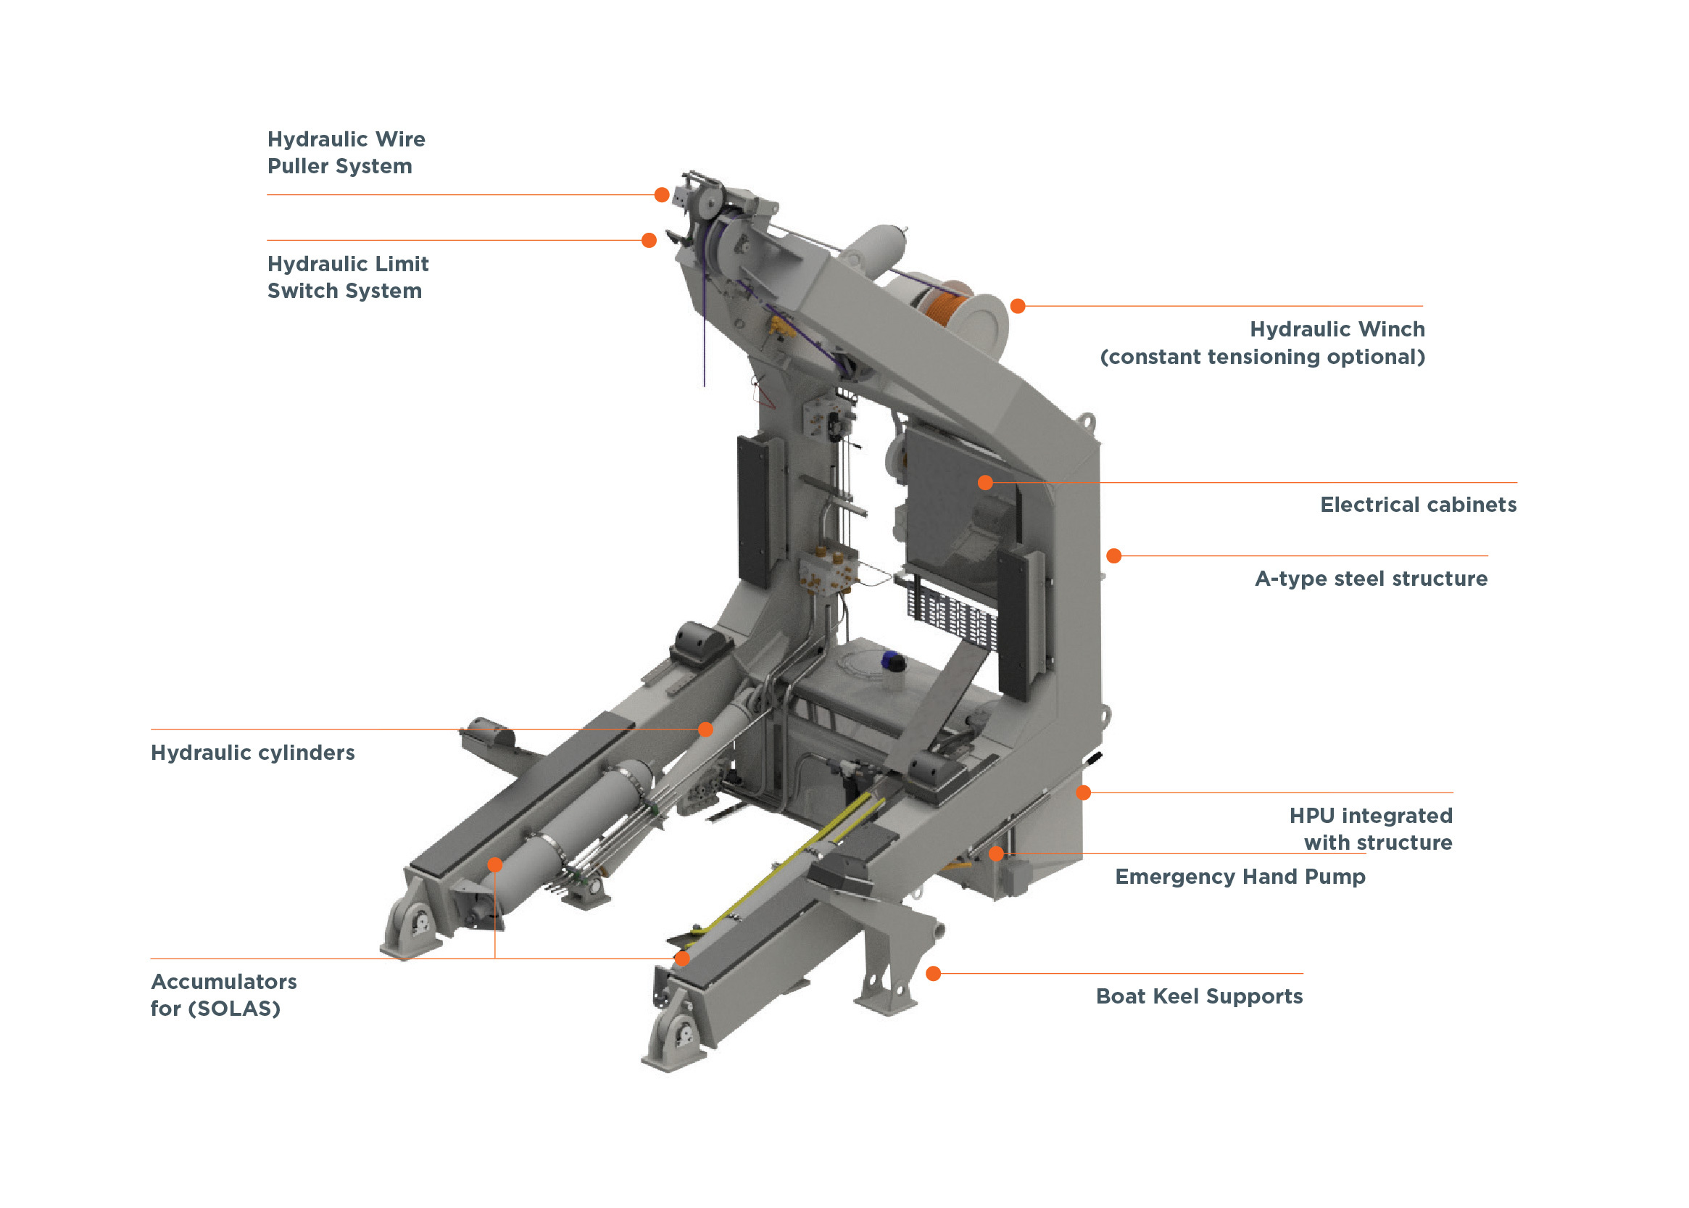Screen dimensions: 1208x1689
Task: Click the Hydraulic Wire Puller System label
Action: tap(345, 152)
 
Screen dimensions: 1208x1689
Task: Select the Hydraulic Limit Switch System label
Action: tap(347, 277)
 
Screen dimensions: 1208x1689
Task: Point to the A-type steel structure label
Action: tap(1370, 578)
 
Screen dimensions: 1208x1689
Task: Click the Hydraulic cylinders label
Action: tap(252, 752)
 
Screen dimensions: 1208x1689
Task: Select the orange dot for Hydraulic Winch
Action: tap(1018, 306)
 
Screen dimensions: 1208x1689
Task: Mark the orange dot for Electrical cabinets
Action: tap(984, 483)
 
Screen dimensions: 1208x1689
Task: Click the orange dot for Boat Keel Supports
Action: tap(933, 973)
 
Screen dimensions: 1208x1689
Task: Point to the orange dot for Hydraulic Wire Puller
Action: tap(661, 195)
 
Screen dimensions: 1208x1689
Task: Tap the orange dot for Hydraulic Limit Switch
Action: tap(649, 240)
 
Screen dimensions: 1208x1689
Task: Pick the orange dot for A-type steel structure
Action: tap(1113, 555)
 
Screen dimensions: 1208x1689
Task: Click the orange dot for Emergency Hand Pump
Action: tap(995, 854)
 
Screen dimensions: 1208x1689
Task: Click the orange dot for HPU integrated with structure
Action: tap(1083, 793)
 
